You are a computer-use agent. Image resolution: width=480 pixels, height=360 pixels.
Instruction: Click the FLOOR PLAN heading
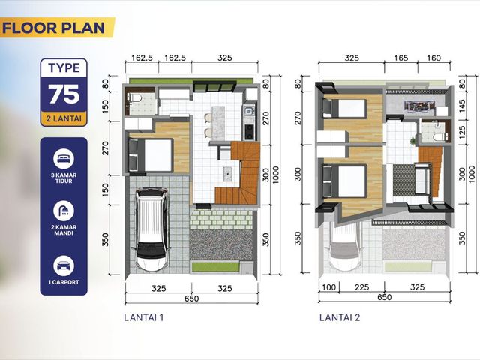click(x=53, y=28)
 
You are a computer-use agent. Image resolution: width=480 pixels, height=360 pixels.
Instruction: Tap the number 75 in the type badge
click(x=64, y=94)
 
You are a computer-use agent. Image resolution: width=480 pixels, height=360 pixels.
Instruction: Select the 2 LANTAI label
click(x=64, y=118)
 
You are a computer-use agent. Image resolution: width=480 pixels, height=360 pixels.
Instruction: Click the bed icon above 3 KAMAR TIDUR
click(x=64, y=159)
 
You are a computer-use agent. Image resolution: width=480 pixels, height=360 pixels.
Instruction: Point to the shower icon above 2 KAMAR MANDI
click(x=64, y=211)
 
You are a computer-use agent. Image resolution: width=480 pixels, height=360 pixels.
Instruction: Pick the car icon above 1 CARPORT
click(x=64, y=265)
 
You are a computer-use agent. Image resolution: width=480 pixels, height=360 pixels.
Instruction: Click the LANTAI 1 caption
click(x=143, y=317)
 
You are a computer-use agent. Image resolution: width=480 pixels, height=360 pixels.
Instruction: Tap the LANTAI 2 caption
click(x=340, y=317)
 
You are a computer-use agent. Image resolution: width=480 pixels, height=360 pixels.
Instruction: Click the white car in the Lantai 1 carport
click(x=151, y=229)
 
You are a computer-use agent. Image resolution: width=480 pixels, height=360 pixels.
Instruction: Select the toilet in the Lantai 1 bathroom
click(x=135, y=98)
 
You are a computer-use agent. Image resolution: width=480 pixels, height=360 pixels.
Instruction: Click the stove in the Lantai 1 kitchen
click(x=250, y=132)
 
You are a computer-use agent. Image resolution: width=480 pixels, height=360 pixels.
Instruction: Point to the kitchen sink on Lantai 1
click(x=249, y=110)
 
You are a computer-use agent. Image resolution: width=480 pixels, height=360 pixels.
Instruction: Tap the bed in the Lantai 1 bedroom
click(x=151, y=155)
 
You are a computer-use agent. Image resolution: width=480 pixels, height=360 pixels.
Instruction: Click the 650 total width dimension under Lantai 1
click(x=192, y=298)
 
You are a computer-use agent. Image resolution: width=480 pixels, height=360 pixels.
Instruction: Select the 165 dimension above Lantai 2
click(x=401, y=58)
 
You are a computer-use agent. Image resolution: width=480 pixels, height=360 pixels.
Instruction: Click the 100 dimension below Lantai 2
click(x=329, y=287)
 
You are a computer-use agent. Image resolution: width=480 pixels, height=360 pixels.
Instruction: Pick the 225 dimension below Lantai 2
click(x=361, y=287)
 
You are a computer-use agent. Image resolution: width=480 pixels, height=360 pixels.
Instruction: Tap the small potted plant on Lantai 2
click(x=413, y=141)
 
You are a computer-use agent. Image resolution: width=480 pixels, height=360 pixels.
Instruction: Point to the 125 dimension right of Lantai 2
click(x=462, y=133)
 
